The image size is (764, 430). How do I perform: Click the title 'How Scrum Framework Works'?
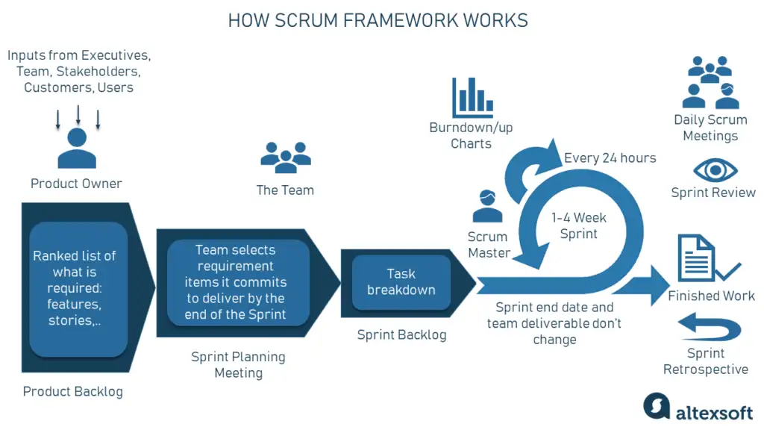378,20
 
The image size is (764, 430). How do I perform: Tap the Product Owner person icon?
77,149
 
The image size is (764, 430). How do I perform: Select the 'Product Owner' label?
76,184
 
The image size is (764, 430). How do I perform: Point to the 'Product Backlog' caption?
73,391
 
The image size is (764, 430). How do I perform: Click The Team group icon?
285,156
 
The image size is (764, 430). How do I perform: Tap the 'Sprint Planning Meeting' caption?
238,365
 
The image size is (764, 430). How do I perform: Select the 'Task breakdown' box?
401,281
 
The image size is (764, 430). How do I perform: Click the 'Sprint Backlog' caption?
401,334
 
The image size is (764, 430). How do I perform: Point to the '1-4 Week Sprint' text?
579,225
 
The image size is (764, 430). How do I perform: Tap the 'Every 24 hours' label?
610,158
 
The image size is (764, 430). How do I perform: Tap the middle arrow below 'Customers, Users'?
78,115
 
